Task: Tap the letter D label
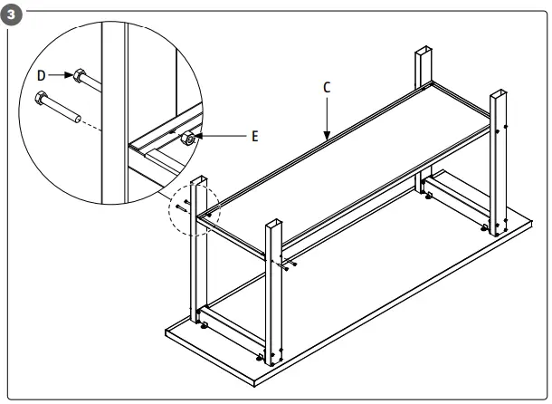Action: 42,75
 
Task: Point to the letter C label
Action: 327,87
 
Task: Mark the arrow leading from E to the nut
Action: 222,136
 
